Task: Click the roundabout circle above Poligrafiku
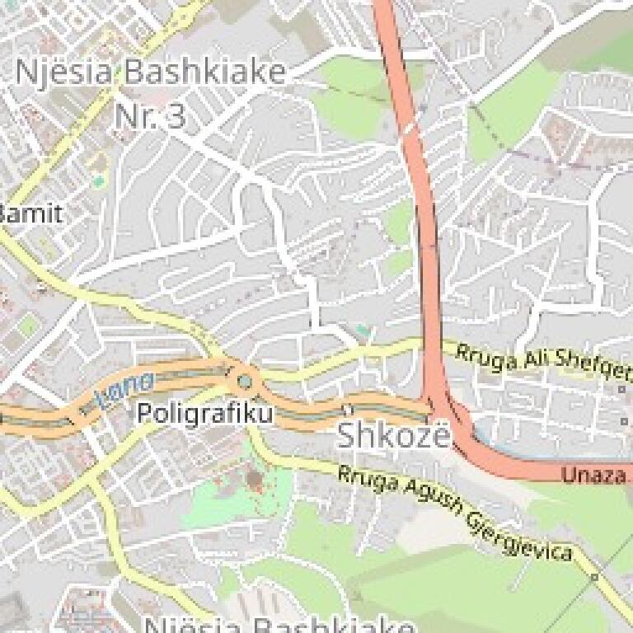click(x=245, y=381)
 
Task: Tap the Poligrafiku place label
click(x=204, y=412)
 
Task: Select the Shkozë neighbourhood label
click(x=395, y=436)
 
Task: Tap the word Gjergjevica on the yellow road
click(x=519, y=536)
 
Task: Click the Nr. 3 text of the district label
click(x=150, y=116)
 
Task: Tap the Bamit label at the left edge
click(x=30, y=214)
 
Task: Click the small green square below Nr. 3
click(x=100, y=181)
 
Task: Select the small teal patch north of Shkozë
click(x=363, y=331)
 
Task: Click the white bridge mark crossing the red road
click(x=410, y=129)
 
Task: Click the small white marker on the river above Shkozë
click(x=349, y=409)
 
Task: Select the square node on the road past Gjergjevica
click(x=594, y=577)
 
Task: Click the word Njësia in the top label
click(x=65, y=73)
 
